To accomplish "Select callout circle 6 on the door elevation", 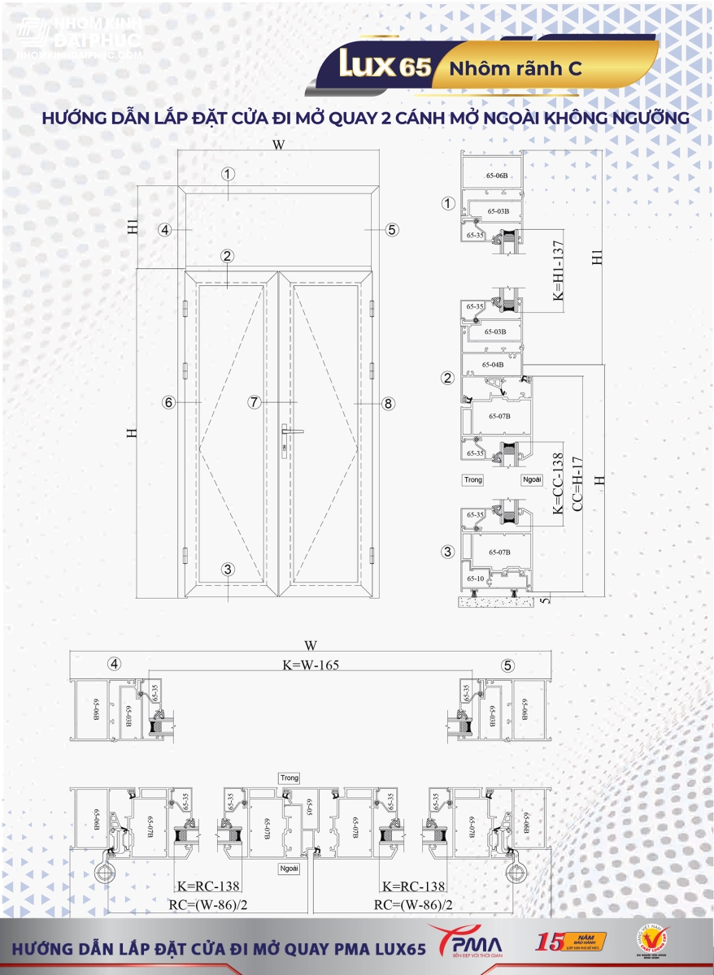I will (168, 402).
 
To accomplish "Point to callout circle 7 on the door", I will (255, 402).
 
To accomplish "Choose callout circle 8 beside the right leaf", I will (388, 403).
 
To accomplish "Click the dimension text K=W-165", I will (310, 665).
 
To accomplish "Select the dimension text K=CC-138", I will (558, 484).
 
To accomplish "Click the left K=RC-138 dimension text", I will (208, 887).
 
